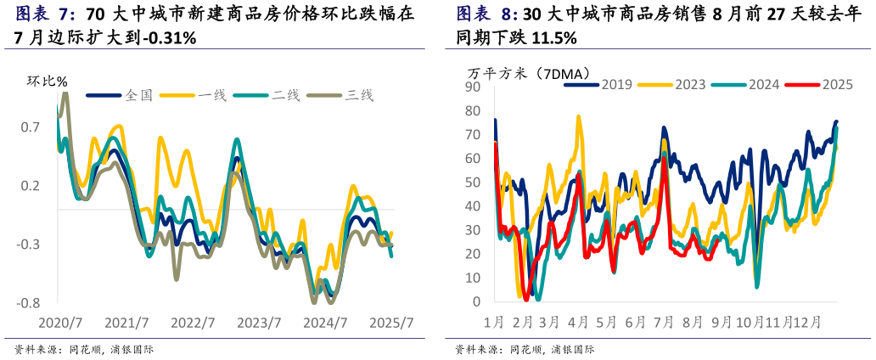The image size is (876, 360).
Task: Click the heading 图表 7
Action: click(x=46, y=14)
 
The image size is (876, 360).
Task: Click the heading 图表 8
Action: click(x=486, y=14)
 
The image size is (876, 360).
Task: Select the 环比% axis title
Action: click(x=48, y=82)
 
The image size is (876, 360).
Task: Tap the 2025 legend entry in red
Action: click(x=837, y=84)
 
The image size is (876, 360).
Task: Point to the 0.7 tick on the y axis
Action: click(x=31, y=127)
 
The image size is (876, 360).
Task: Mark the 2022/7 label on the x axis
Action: click(x=192, y=323)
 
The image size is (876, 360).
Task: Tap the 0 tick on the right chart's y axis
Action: click(x=477, y=302)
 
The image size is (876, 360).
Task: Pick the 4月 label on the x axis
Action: click(x=578, y=323)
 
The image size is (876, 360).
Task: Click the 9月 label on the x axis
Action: click(x=721, y=323)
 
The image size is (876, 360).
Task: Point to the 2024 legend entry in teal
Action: click(x=764, y=84)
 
